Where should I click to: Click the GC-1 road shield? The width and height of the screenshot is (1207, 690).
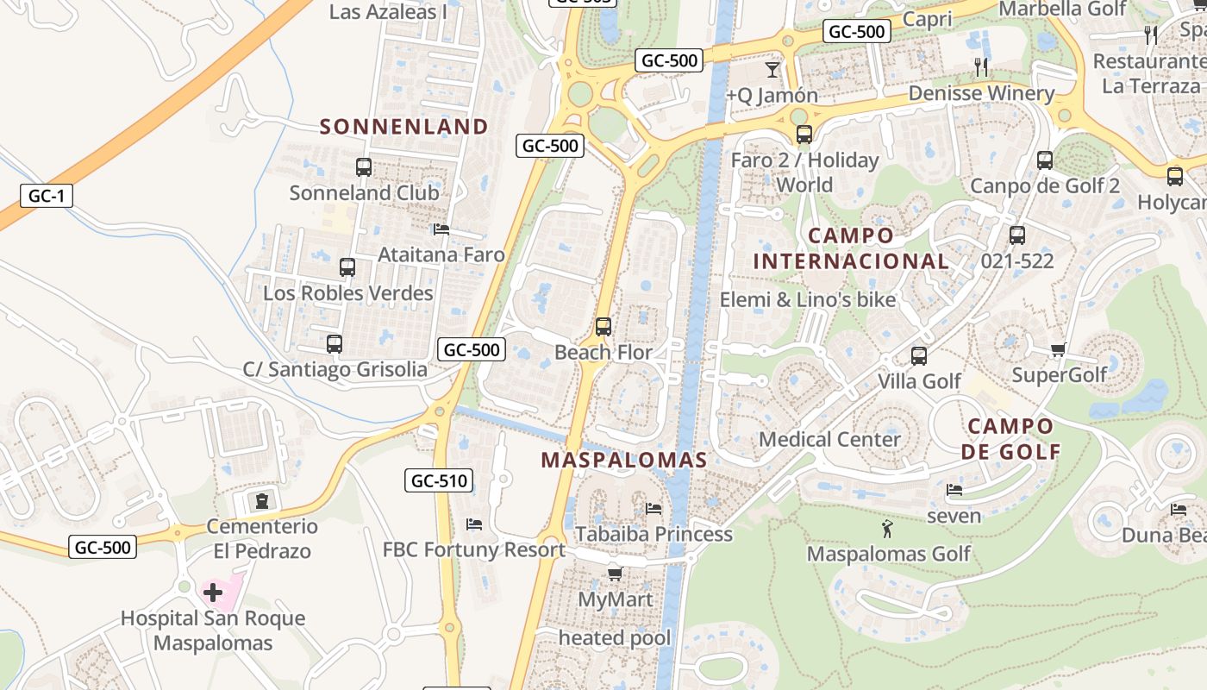[47, 196]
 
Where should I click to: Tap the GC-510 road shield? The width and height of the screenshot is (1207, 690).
[439, 480]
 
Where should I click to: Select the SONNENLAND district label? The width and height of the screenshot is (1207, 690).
[404, 127]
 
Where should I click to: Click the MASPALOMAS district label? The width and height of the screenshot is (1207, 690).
[624, 461]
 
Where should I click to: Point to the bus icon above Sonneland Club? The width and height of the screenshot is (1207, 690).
[364, 167]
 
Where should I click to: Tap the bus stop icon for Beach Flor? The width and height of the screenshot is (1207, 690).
[603, 327]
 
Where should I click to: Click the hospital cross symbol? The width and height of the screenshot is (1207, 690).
[213, 592]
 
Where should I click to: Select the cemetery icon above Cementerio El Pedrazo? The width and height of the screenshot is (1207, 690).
[262, 500]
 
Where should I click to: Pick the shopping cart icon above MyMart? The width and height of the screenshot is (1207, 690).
[615, 574]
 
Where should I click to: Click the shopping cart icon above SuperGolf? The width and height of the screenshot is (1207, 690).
[1059, 349]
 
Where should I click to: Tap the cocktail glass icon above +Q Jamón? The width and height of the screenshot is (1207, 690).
[772, 69]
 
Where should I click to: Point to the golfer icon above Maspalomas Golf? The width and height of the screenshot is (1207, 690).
[887, 528]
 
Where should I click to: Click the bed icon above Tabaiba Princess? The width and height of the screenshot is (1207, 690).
[654, 509]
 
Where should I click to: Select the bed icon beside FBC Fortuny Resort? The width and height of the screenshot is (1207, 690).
[473, 524]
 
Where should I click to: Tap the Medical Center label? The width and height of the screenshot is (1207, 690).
[829, 439]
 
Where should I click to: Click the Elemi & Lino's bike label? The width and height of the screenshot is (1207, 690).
[808, 300]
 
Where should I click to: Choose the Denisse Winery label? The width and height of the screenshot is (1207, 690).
[981, 93]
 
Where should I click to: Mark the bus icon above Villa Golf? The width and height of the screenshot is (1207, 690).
[919, 355]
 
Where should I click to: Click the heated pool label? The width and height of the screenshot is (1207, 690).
[615, 638]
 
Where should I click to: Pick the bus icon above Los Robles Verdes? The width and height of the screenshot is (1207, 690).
[347, 267]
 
